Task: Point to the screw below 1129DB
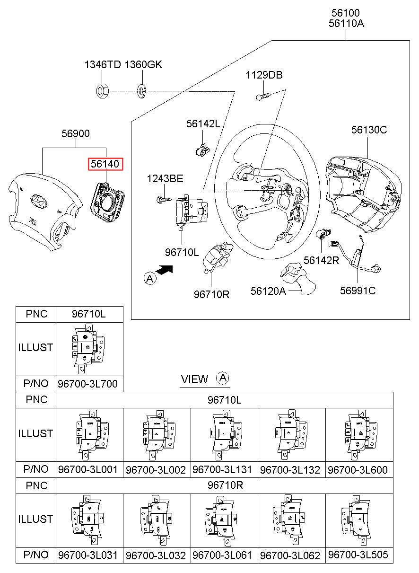(x=262, y=96)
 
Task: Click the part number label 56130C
(x=369, y=130)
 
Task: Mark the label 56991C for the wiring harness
(x=358, y=291)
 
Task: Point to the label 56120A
(x=268, y=291)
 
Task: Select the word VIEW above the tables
(x=194, y=379)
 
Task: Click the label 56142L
(x=203, y=123)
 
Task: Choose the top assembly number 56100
(x=346, y=13)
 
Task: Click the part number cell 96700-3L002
(x=156, y=470)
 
